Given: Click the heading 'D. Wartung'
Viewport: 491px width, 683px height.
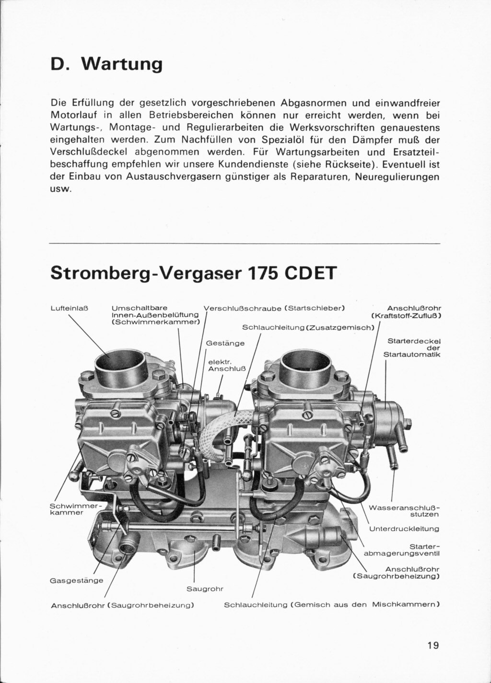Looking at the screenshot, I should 106,64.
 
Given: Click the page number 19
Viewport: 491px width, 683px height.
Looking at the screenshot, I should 433,645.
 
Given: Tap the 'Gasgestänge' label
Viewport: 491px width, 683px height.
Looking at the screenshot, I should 77,580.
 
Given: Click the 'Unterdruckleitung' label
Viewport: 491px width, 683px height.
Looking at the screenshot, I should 404,529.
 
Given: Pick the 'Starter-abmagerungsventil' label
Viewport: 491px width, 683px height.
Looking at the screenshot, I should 402,550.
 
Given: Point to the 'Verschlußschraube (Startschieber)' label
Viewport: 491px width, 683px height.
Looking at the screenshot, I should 274,308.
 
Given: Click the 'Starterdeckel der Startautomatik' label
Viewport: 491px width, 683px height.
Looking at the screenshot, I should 413,348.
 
